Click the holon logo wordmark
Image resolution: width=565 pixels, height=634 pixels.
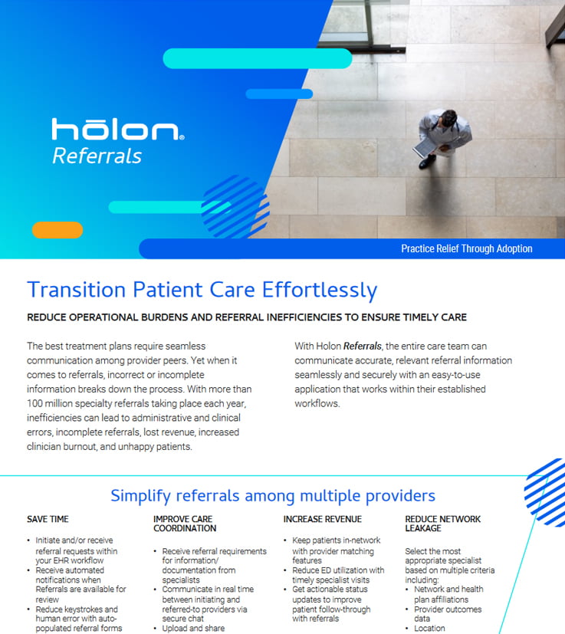point(118,129)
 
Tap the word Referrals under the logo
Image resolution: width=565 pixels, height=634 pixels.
point(97,156)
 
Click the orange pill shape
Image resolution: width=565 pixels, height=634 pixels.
point(57,230)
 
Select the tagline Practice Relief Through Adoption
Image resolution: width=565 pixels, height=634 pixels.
point(466,248)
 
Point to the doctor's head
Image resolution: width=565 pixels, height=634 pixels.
point(448,118)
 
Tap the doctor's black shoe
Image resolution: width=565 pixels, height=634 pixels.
point(427,162)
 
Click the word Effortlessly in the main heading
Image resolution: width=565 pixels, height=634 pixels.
point(320,291)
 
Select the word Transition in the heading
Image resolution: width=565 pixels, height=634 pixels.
point(77,290)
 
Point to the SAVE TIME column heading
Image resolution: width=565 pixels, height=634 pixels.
point(48,519)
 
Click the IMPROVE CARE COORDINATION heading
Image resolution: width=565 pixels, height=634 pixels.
point(185,524)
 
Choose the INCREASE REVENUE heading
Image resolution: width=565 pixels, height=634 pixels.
point(322,519)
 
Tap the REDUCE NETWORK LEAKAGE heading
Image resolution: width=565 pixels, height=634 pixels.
point(443,524)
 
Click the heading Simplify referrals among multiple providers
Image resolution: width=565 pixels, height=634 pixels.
point(273,496)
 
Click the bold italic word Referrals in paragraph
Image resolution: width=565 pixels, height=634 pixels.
point(363,346)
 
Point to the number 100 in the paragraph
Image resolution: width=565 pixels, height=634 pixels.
point(34,403)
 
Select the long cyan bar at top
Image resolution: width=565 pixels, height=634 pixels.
point(258,58)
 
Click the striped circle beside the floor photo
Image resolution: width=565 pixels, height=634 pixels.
point(235,207)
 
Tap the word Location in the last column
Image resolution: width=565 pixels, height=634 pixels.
point(429,629)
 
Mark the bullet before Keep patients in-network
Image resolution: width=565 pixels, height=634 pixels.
point(285,540)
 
